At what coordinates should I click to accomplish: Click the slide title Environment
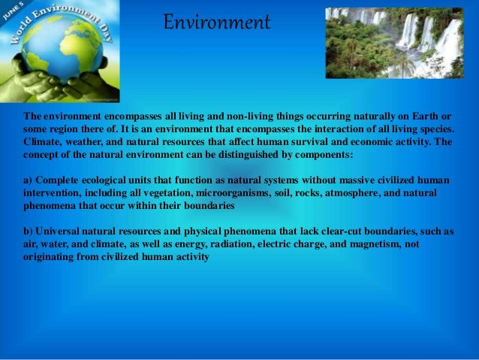[x=217, y=23]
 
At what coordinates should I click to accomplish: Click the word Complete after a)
[x=59, y=181]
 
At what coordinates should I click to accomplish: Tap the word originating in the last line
[x=51, y=256]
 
